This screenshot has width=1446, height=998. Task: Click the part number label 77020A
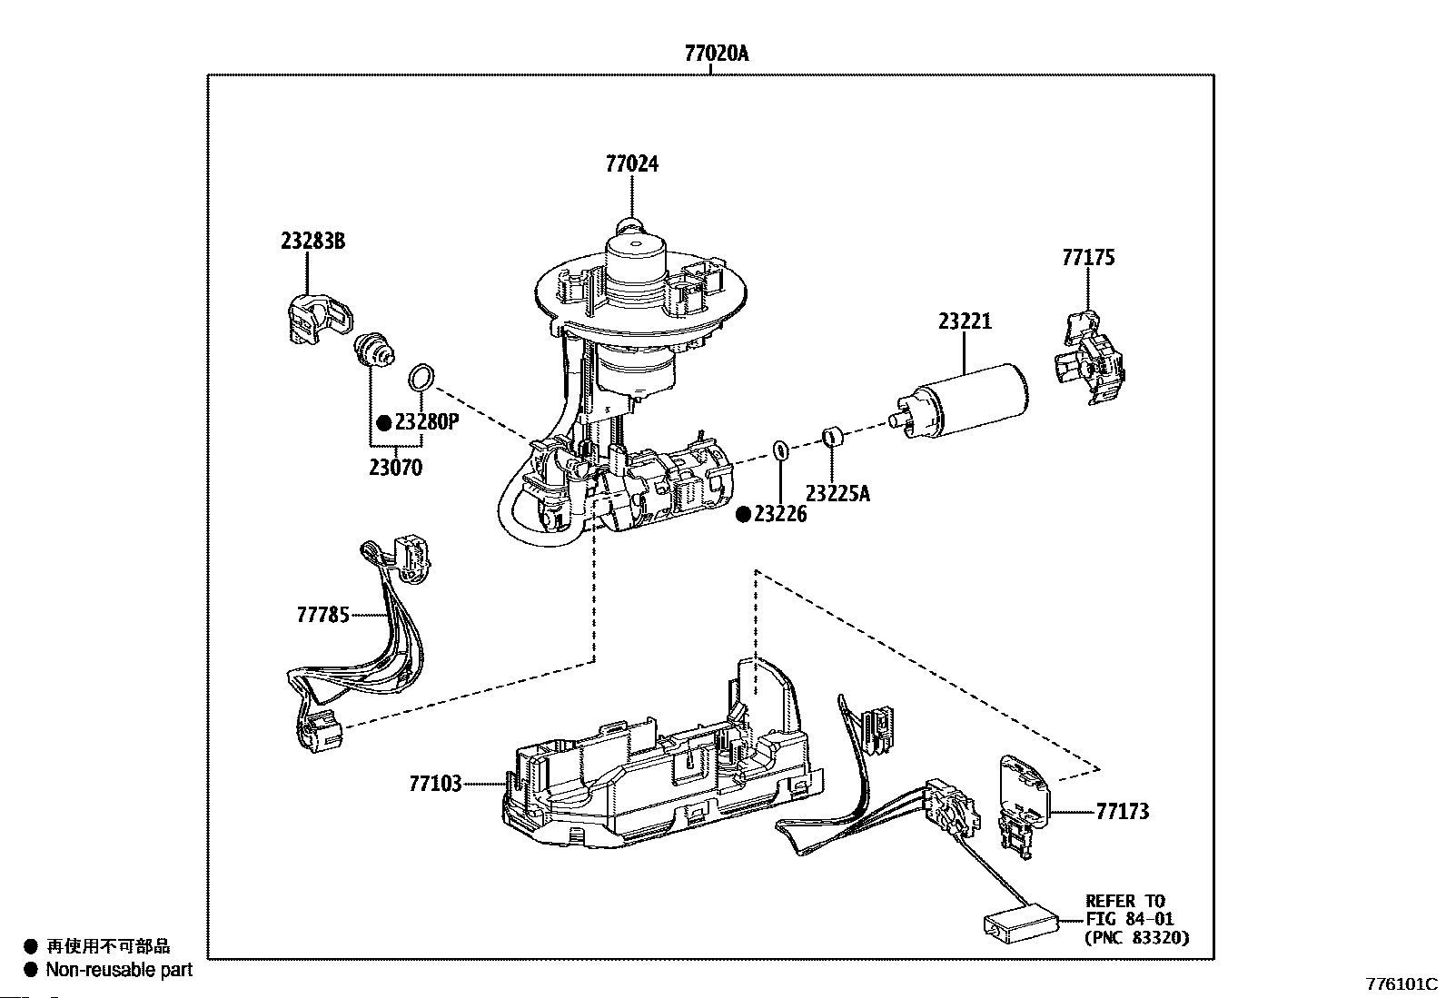coord(717,54)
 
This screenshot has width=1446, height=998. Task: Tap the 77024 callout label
coord(631,164)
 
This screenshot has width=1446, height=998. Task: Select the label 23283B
coord(312,242)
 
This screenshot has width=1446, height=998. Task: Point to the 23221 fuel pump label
coord(965,321)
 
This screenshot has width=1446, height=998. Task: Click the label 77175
coord(1088,258)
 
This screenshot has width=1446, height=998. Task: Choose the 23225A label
coord(837,494)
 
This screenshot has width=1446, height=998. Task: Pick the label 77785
coord(322,615)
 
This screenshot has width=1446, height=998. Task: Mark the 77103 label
coord(435,783)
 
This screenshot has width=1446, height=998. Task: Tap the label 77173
coord(1122,811)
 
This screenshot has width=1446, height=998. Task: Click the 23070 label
coord(395,469)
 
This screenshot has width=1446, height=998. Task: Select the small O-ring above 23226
coord(779,449)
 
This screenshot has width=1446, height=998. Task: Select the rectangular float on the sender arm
coord(1021,923)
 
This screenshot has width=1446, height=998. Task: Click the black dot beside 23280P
coord(383,422)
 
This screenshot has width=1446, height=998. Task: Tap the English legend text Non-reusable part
coord(120,970)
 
